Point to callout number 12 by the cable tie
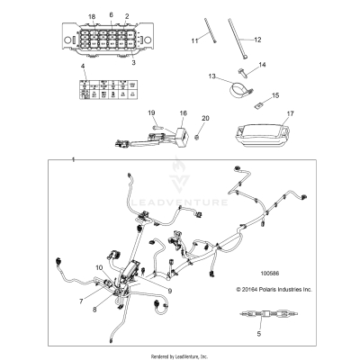(256, 40)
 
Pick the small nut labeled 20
(205, 133)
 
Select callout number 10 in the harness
(99, 268)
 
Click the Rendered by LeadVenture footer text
(180, 355)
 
